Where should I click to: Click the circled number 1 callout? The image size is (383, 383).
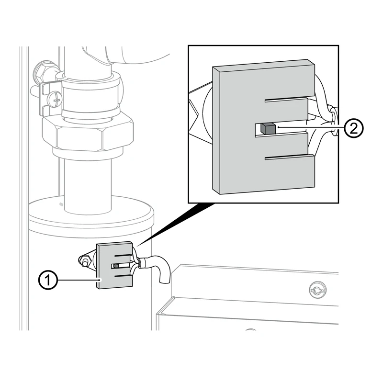[48, 280]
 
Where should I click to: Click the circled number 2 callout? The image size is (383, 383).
[354, 128]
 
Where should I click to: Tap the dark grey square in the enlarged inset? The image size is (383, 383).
[268, 129]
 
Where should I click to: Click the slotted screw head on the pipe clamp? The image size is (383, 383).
[55, 100]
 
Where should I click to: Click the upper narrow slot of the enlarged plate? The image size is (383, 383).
[286, 100]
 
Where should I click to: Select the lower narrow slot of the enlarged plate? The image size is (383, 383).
[286, 158]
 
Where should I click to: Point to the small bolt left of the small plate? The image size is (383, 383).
[85, 260]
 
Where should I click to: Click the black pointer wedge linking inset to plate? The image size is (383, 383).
[175, 224]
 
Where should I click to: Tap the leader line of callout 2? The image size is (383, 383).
[310, 127]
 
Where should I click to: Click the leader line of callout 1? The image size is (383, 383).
[79, 280]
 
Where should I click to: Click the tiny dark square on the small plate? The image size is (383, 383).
[116, 266]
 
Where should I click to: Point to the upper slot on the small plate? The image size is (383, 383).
[122, 256]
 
